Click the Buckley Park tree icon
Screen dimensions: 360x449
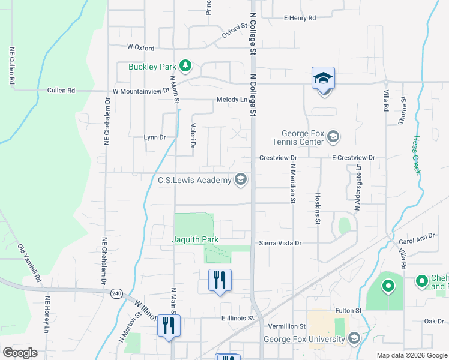pos(186,66)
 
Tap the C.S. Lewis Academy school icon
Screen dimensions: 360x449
pos(241,179)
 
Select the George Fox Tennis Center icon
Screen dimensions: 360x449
pos(334,137)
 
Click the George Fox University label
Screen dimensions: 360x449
pos(305,339)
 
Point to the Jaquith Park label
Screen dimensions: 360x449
pos(196,239)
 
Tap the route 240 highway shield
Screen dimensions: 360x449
pos(116,293)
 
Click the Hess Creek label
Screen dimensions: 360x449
pos(415,155)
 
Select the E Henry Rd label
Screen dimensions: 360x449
pos(300,18)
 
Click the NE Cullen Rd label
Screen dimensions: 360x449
pos(11,65)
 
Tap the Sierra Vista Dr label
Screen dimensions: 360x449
pos(280,244)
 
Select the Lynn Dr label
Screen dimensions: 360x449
pos(154,137)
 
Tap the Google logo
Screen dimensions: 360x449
pos(20,353)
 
